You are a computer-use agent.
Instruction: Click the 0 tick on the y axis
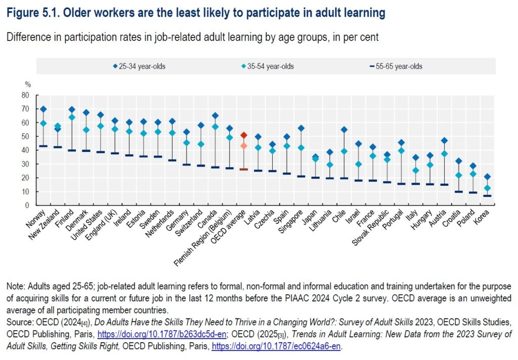[27, 206]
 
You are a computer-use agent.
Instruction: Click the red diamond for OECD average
[243, 135]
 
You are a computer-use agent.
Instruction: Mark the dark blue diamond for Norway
[43, 109]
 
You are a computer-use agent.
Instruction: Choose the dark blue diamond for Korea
[487, 177]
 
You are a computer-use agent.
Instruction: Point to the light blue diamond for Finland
[72, 117]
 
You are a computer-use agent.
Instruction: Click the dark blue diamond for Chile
[344, 130]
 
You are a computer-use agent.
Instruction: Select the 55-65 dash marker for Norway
[43, 146]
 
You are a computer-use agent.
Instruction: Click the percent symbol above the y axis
[28, 85]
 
